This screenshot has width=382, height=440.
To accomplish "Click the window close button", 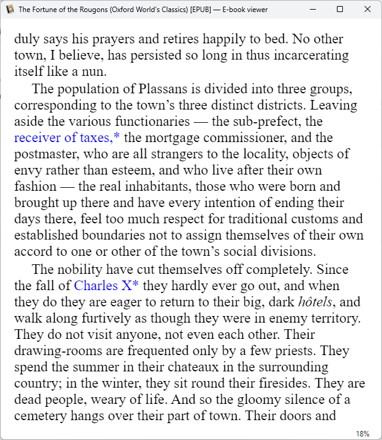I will click(x=368, y=10).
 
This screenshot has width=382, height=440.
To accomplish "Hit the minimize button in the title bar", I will click(x=312, y=10).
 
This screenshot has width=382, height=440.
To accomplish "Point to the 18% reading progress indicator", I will click(x=363, y=433).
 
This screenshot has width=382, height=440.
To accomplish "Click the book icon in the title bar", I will click(x=10, y=10).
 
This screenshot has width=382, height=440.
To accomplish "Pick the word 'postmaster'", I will click(x=45, y=154).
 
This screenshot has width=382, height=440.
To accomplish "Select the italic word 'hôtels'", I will click(x=315, y=301).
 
